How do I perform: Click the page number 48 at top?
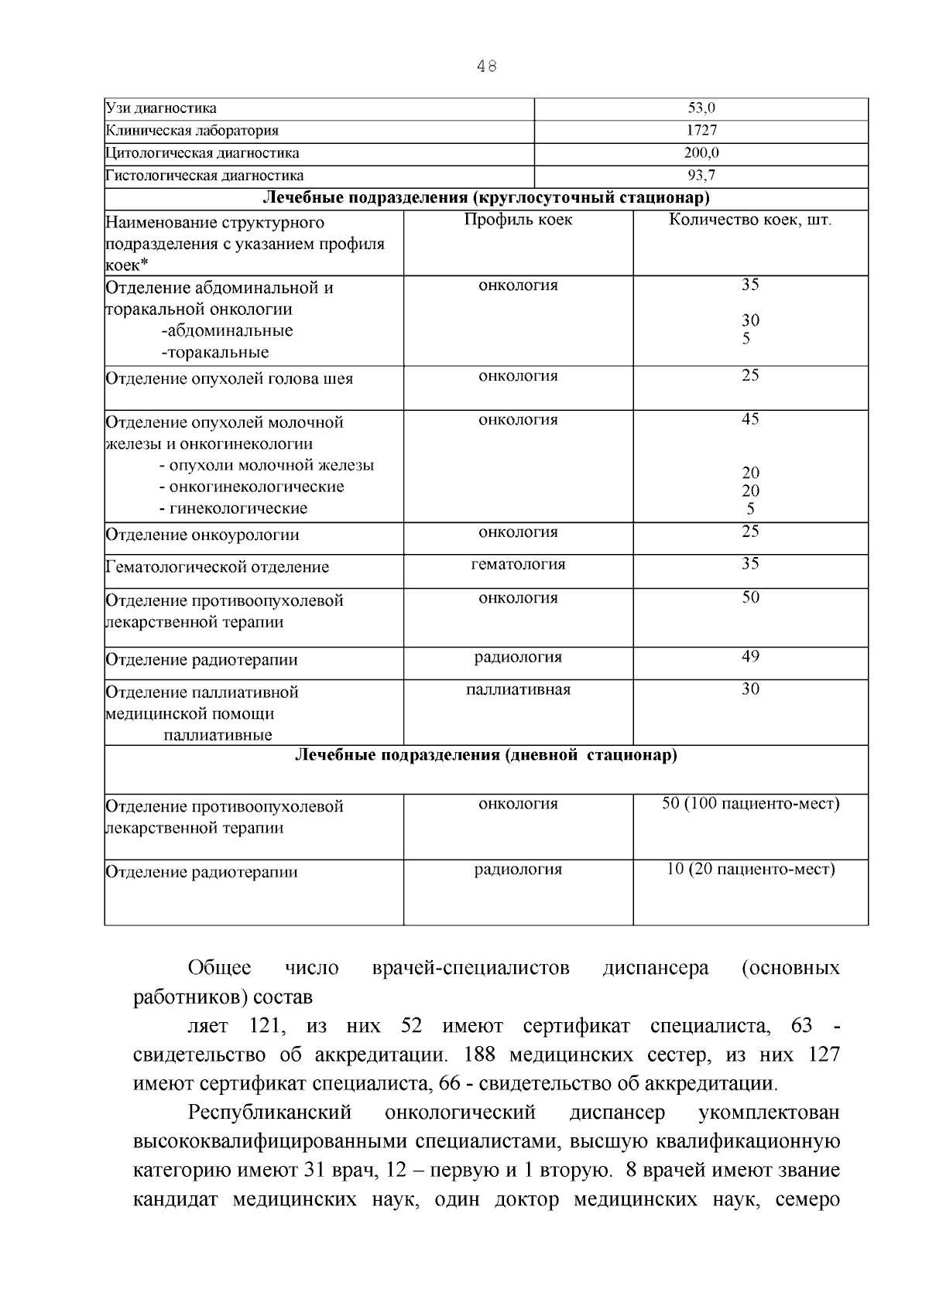[x=486, y=67]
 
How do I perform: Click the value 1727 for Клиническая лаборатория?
[x=701, y=131]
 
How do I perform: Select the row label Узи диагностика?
[x=161, y=108]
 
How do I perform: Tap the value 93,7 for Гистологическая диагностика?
[x=701, y=176]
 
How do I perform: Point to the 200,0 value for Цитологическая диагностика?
[x=701, y=153]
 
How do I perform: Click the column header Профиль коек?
[x=518, y=220]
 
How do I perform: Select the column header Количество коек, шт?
[x=750, y=220]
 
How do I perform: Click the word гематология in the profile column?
[x=518, y=565]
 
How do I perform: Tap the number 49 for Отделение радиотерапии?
[x=750, y=657]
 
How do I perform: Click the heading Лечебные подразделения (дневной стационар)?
[x=486, y=755]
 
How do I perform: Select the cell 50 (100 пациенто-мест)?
[x=750, y=804]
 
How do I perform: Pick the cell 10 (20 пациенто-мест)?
[x=750, y=870]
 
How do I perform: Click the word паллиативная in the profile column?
[x=518, y=690]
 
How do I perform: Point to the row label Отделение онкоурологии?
[x=202, y=535]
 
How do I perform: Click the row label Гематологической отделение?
[x=217, y=567]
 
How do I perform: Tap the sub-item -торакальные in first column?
[x=215, y=353]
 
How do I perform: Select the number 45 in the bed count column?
[x=750, y=419]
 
